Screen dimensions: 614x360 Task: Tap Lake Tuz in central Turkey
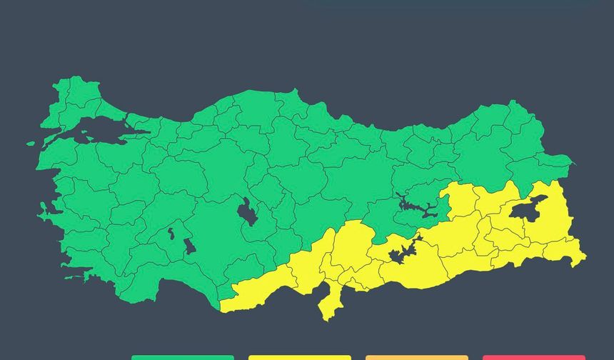(x=248, y=212)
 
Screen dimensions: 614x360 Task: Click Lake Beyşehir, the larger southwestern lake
(x=190, y=246)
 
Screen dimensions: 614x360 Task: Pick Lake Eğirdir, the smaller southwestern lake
(x=171, y=233)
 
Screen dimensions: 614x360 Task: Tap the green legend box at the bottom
(x=182, y=357)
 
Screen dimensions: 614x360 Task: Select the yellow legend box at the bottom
(x=299, y=357)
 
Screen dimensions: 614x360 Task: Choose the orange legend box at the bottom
(x=416, y=357)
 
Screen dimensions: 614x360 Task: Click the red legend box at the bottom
(x=533, y=357)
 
